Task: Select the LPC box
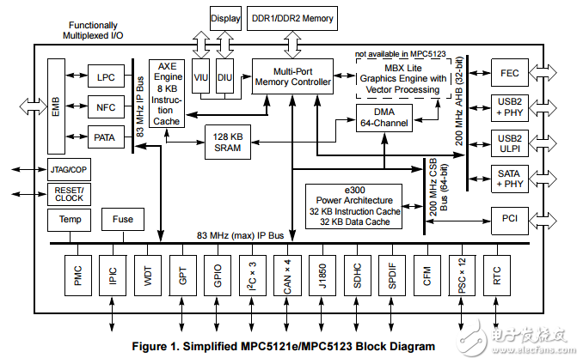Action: click(106, 78)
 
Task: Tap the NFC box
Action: click(106, 107)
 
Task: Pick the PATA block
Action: click(106, 136)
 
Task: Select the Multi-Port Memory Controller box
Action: click(292, 76)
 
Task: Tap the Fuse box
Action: click(122, 220)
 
